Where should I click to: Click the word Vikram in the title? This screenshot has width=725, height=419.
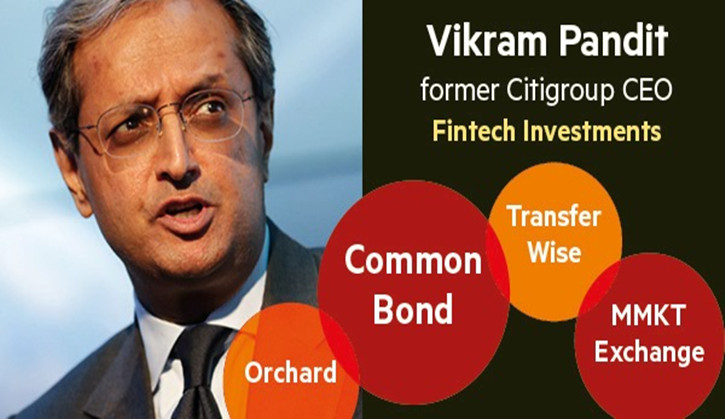488,41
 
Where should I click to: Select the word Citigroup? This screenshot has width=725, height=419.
556,92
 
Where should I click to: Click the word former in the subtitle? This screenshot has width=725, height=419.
460,91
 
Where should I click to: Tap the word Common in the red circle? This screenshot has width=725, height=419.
413,260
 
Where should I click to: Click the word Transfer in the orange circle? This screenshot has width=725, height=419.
553,216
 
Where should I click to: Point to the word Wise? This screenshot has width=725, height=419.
554,253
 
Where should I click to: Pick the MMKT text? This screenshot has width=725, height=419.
647,316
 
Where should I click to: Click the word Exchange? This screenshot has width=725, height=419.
649,352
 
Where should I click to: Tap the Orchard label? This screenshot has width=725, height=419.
290,373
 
